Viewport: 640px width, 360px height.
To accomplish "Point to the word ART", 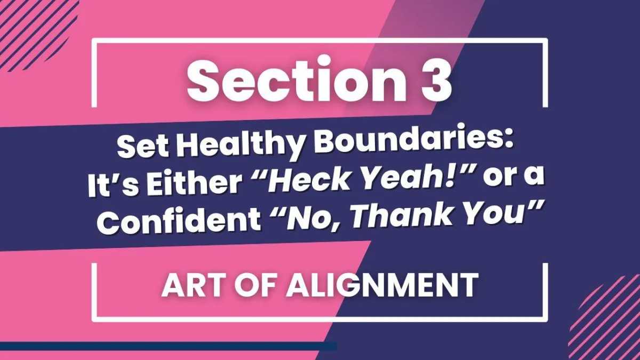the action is [193, 285].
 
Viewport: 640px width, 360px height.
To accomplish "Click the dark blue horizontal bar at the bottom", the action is [169, 346].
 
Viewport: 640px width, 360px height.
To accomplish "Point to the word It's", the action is [113, 185].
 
